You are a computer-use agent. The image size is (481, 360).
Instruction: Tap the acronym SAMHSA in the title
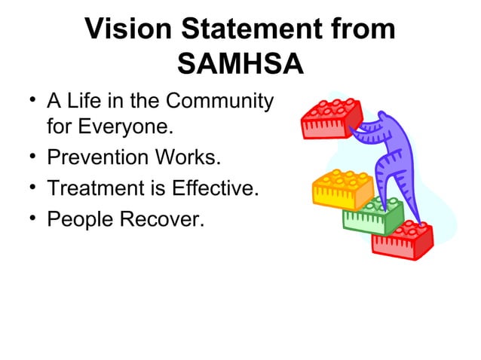tap(240, 65)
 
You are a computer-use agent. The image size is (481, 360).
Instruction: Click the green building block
tap(372, 216)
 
